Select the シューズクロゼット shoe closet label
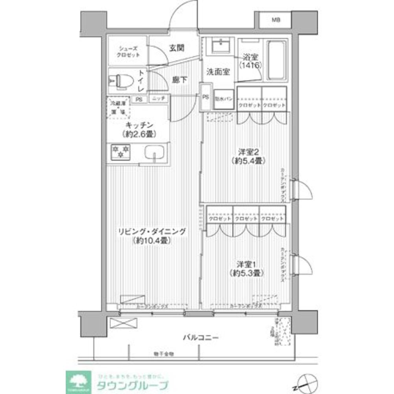[128, 51]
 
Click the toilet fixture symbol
[119, 82]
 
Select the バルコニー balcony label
[200, 337]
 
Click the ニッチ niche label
[159, 99]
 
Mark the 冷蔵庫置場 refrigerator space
[119, 108]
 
